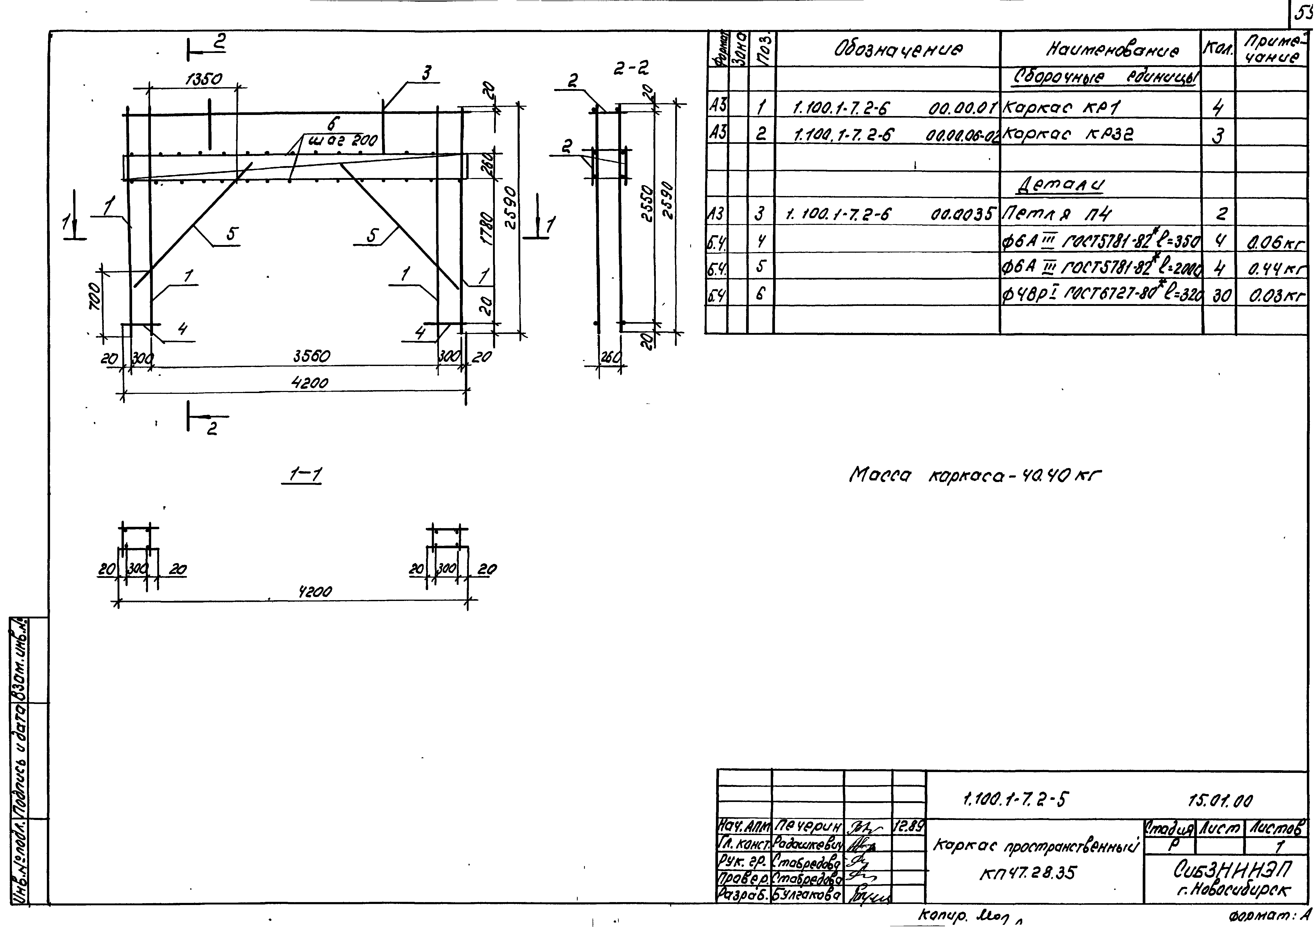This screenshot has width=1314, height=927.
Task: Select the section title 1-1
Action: pyautogui.click(x=305, y=475)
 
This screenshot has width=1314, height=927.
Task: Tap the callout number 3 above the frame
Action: pyautogui.click(x=426, y=73)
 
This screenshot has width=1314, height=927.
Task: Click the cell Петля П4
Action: pyautogui.click(x=1056, y=214)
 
